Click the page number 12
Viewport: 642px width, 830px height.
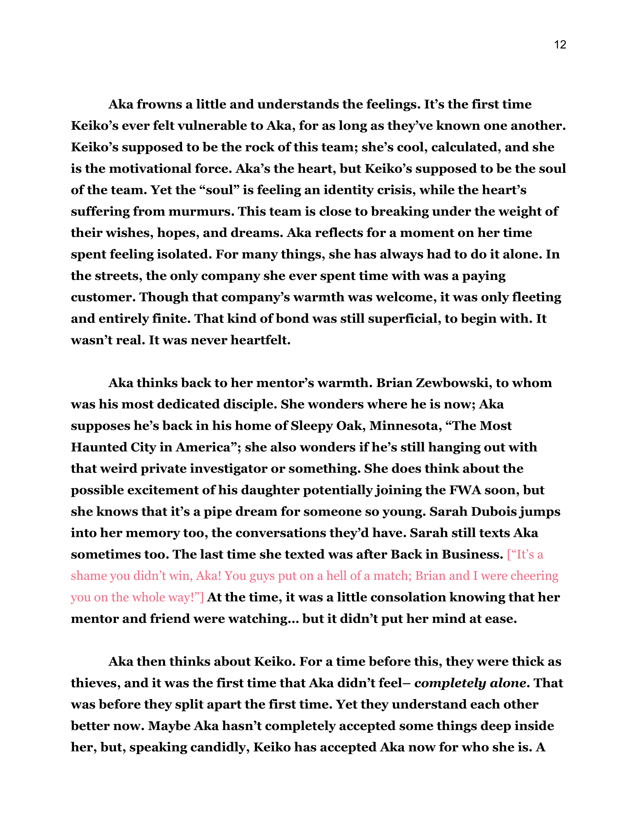tap(560, 45)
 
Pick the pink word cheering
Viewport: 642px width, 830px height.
tap(534, 576)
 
